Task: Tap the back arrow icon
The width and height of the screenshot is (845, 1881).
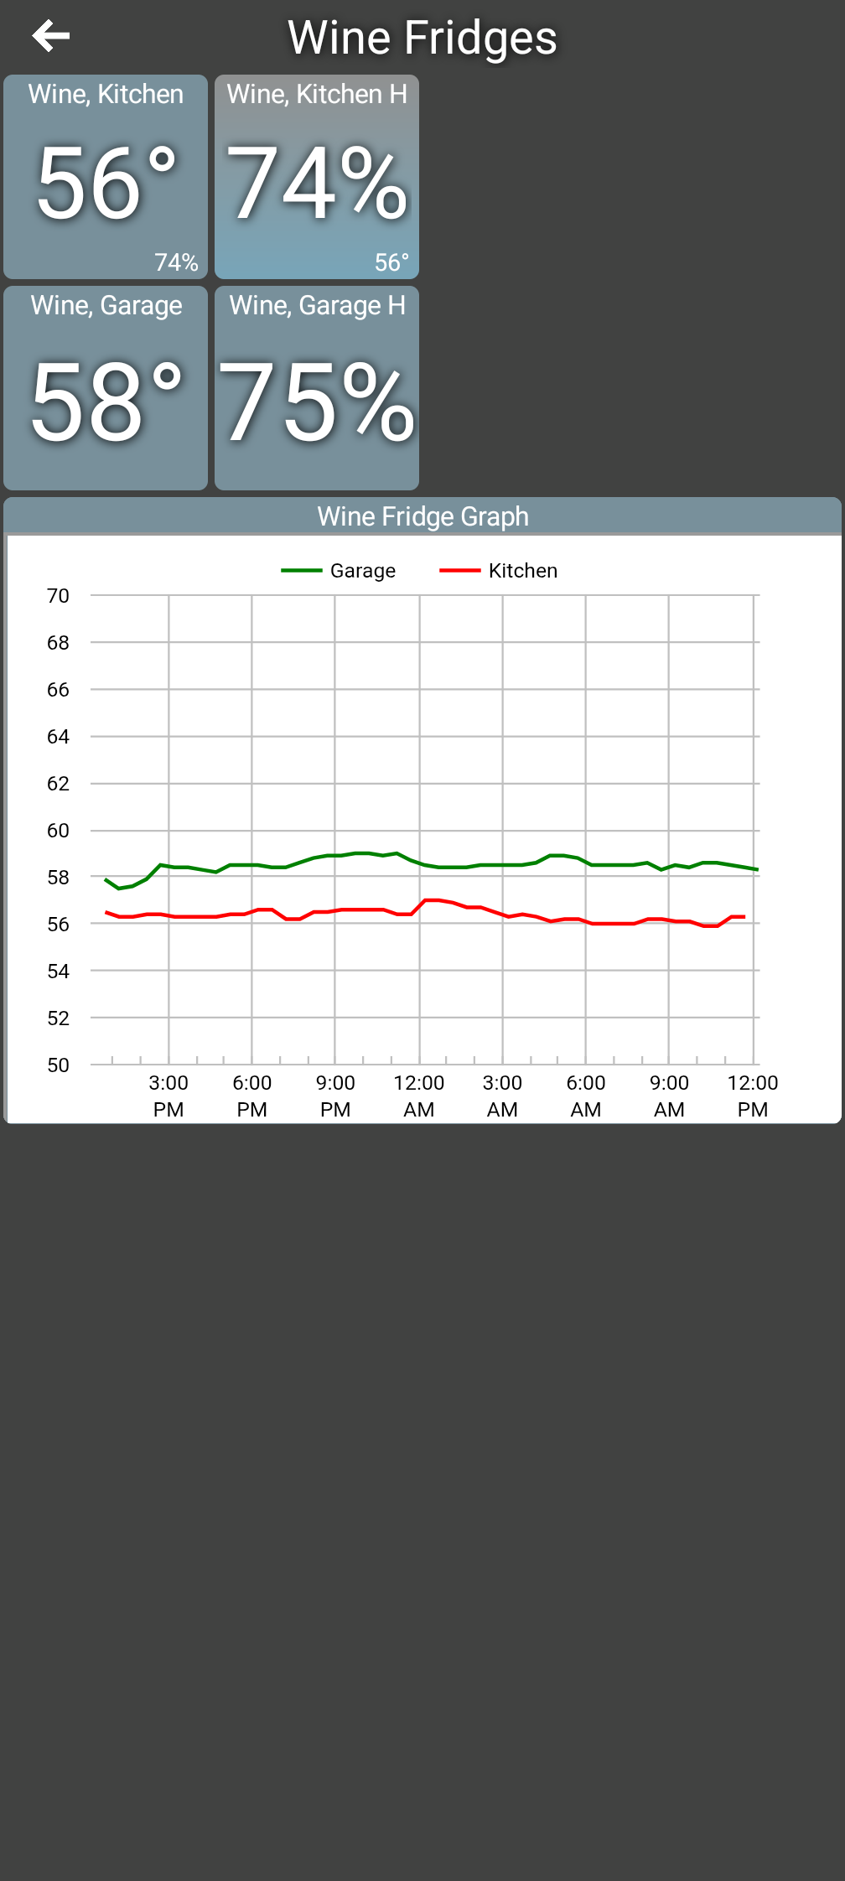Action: (50, 36)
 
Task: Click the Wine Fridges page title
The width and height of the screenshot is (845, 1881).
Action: (422, 38)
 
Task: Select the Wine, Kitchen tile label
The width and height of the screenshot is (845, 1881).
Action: (106, 94)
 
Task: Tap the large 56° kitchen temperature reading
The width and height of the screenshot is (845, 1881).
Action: (106, 183)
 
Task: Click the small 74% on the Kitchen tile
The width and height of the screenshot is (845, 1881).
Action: (176, 262)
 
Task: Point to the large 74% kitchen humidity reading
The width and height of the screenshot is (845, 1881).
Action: (317, 183)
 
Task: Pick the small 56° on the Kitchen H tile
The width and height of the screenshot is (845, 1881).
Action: (391, 262)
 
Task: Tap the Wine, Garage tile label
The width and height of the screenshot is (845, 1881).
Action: (106, 305)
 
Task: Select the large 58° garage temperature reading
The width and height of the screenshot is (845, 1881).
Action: (106, 402)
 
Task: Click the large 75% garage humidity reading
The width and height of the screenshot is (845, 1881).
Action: (317, 402)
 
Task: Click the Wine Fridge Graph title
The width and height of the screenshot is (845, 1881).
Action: (422, 516)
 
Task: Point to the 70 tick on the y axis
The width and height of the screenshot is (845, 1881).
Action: (58, 596)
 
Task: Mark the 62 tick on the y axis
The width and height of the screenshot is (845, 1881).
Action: (58, 784)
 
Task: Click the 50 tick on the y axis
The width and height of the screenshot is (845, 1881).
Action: (58, 1065)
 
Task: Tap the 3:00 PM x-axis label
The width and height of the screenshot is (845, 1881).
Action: (168, 1096)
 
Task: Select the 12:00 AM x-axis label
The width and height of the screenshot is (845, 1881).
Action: (419, 1096)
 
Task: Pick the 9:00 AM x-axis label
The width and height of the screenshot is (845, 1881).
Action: (669, 1096)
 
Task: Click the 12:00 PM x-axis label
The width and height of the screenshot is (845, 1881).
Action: (753, 1096)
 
